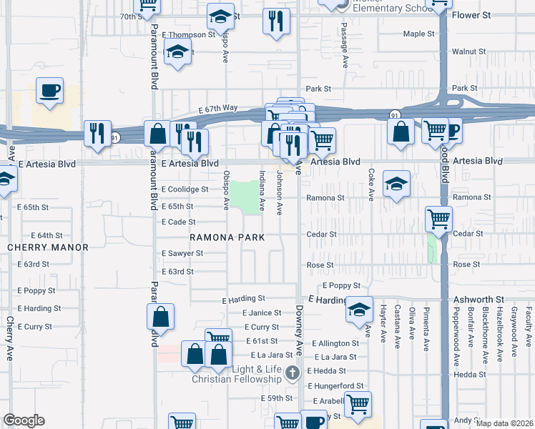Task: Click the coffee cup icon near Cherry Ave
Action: point(49,92)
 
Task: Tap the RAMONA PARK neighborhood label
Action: point(227,237)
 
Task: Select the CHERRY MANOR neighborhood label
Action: point(48,247)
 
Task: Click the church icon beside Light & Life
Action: point(292,372)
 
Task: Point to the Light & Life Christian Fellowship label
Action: point(242,374)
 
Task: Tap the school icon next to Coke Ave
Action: point(396,184)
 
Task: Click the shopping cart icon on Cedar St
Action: point(439,219)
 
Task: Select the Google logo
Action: point(24,420)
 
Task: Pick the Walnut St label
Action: point(468,51)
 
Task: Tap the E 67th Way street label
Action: point(218,108)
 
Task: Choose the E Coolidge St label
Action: point(185,189)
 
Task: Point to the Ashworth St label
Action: point(478,300)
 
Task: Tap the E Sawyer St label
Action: point(182,253)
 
